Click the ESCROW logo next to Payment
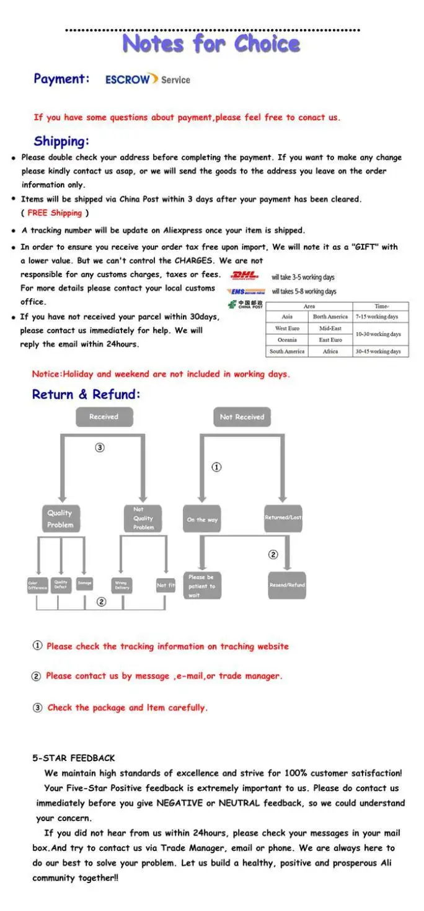pos(131,79)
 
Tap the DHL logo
pos(245,276)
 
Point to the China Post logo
pos(245,304)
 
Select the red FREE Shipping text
pos(55,213)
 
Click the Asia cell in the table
pos(287,317)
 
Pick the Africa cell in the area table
pos(330,351)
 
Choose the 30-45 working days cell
pos(378,351)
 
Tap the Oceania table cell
pos(287,340)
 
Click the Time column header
pos(381,306)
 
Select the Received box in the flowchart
pos(104,417)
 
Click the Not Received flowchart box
pos(242,417)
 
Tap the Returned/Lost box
pos(283,517)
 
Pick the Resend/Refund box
pos(287,585)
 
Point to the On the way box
pos(202,519)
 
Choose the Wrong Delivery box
pos(121,585)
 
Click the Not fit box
pos(166,585)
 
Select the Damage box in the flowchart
pos(84,583)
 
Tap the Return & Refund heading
pos(86,394)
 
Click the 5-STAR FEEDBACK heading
pos(74,758)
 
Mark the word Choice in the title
pos(267,43)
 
